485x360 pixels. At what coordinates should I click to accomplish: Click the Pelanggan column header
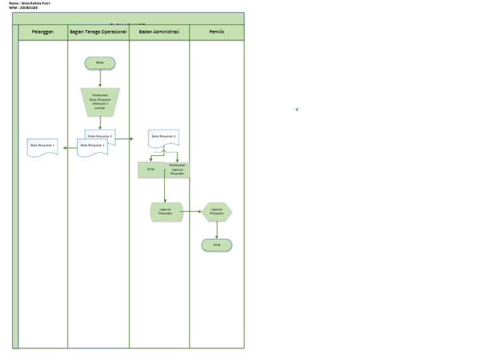coord(43,32)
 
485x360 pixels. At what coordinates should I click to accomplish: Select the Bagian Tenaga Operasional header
coord(98,32)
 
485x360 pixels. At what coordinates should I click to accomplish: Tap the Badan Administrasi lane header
coord(159,32)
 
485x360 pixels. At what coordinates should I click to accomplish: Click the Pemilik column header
coord(217,32)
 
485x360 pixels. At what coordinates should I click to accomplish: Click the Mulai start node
coord(100,63)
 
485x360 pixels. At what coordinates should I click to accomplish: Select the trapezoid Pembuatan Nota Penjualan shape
coord(100,102)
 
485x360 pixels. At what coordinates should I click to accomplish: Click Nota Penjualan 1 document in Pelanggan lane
coord(43,147)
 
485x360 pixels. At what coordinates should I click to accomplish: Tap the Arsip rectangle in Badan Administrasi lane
coord(151,169)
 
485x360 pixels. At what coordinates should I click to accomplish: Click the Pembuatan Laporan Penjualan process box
coord(177,169)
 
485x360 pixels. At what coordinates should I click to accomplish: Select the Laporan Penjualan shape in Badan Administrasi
coord(165,212)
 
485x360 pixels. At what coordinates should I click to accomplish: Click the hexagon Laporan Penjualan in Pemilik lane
coord(217,212)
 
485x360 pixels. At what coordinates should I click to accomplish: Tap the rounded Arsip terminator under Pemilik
coord(217,245)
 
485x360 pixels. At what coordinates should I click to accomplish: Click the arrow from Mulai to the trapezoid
coord(100,78)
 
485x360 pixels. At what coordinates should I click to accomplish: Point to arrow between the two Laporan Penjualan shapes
coord(192,212)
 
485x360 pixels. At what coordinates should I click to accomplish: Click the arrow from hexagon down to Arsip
coord(217,230)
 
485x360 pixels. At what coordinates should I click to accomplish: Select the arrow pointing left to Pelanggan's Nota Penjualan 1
coord(68,148)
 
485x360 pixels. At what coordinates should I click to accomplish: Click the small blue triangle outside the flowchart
coord(297,110)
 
